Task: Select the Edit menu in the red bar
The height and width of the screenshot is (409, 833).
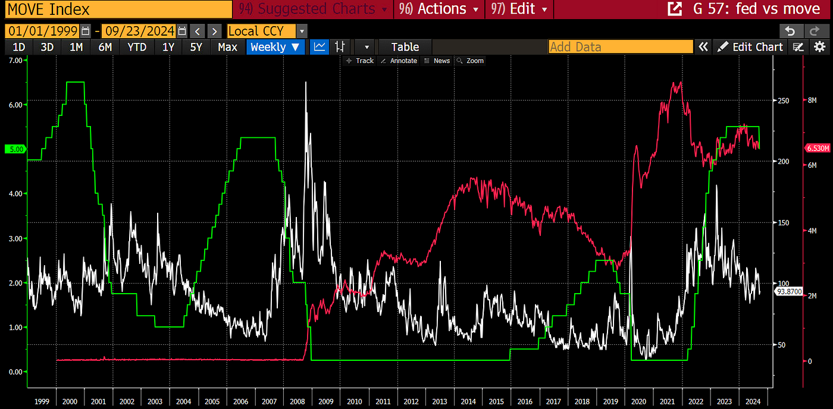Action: (x=519, y=10)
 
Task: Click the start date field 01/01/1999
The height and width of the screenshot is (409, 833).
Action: (x=42, y=31)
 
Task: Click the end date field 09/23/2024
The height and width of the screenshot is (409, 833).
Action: (x=139, y=31)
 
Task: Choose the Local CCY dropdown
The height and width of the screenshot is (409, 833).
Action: (x=267, y=31)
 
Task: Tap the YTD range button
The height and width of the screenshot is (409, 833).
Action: (x=137, y=47)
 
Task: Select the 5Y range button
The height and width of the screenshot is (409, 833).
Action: (x=196, y=47)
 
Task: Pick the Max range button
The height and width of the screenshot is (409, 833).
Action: (x=227, y=47)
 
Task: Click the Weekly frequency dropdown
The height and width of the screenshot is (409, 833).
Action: (x=275, y=47)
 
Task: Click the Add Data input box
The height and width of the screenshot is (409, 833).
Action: (x=620, y=47)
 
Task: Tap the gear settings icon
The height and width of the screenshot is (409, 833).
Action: (x=819, y=47)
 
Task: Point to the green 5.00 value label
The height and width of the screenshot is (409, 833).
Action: (x=14, y=149)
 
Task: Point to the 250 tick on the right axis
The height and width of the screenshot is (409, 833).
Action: (x=784, y=100)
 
